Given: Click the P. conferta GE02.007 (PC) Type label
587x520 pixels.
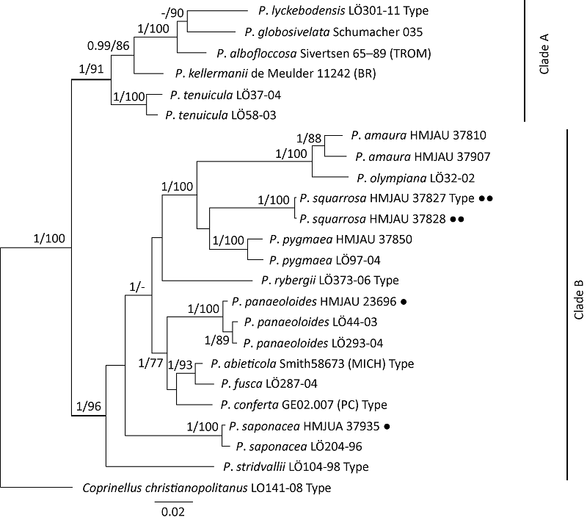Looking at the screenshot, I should pyautogui.click(x=303, y=404).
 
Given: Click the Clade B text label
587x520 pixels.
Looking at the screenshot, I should pyautogui.click(x=577, y=303).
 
